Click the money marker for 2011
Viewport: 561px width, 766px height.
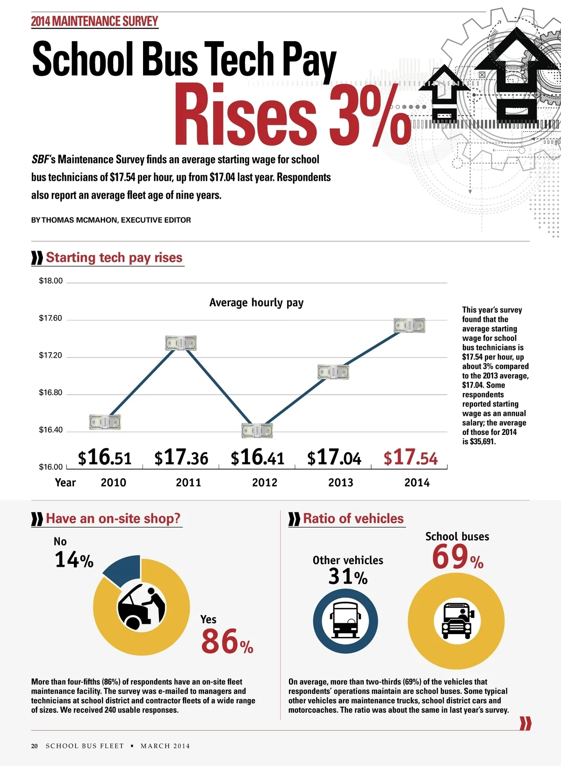(181, 343)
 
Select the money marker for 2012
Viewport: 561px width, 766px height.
(257, 430)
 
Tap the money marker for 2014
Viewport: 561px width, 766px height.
(409, 325)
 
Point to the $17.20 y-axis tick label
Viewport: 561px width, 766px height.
(50, 355)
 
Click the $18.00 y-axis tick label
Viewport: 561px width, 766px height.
(50, 281)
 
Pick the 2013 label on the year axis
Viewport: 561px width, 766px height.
(340, 483)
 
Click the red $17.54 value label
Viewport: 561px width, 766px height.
(410, 457)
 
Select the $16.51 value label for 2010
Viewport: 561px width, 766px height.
(105, 457)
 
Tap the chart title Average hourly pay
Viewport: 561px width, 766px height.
(256, 303)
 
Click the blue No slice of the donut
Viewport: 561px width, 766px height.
(123, 570)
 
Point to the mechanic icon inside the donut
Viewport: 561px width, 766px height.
(141, 607)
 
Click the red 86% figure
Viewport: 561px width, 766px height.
(227, 642)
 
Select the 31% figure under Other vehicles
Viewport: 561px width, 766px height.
(347, 577)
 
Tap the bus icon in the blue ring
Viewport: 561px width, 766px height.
(345, 621)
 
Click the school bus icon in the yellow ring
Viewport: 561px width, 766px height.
(456, 621)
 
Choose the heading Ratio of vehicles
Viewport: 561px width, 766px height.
(353, 518)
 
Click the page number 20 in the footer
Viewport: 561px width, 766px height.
(35, 746)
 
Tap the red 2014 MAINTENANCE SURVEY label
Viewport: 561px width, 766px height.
(94, 22)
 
